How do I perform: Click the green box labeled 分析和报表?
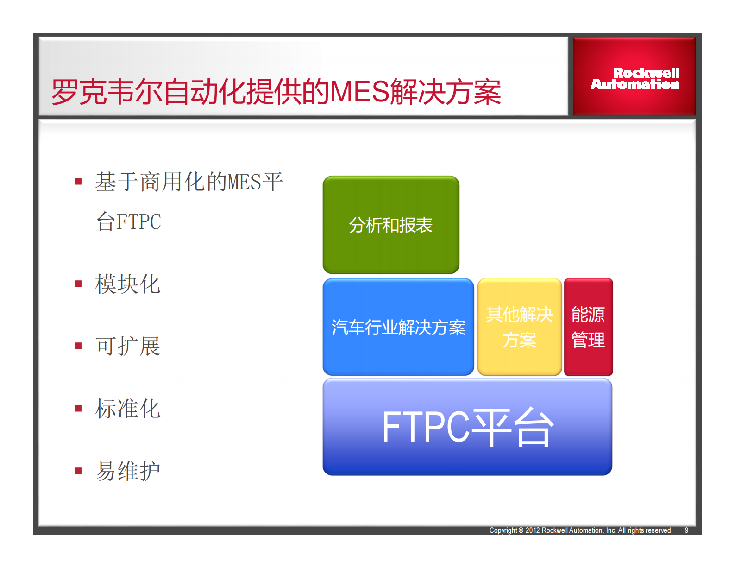point(391,225)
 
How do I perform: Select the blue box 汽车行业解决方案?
point(398,327)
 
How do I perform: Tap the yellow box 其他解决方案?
point(519,327)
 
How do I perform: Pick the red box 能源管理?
point(588,327)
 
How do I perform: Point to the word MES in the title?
point(359,92)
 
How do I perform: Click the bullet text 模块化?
point(128,284)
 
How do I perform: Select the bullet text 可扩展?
point(128,346)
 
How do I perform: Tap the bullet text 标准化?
point(128,409)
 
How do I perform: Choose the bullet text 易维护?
point(128,471)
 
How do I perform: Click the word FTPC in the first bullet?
point(138,222)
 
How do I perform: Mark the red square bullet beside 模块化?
point(78,284)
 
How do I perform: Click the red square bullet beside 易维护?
point(78,471)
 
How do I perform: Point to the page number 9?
point(686,530)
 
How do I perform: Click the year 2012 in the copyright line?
point(533,530)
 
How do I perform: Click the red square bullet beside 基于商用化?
point(78,182)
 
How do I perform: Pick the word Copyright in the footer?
point(503,530)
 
